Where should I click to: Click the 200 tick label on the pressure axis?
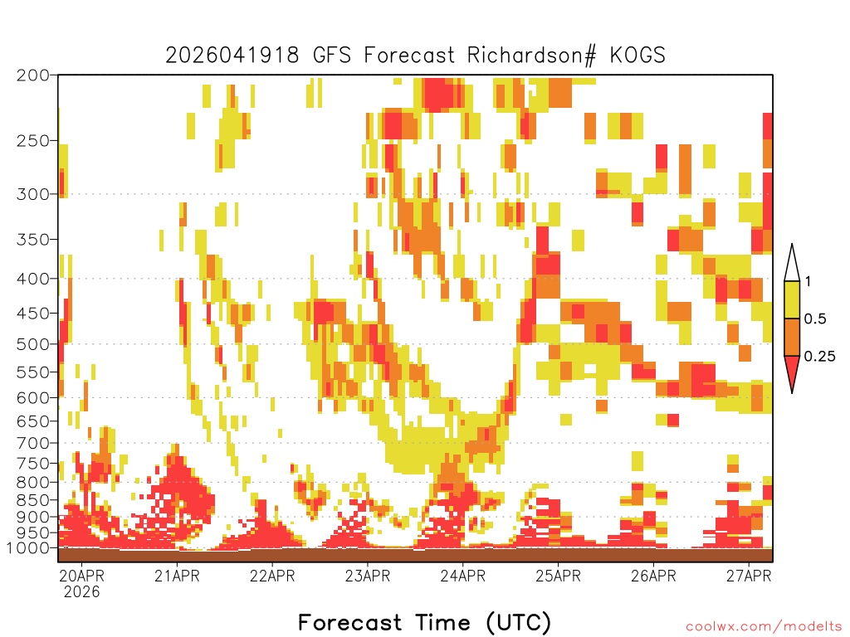click(x=32, y=75)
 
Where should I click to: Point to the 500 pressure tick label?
click(x=32, y=344)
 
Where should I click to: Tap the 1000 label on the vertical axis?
click(x=27, y=547)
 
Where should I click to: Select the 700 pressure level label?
click(x=32, y=443)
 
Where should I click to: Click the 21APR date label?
click(x=177, y=576)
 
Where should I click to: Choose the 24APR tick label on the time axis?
click(x=463, y=576)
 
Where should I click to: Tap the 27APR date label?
click(x=749, y=576)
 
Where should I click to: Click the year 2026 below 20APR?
click(x=81, y=591)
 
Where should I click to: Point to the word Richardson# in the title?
click(x=531, y=56)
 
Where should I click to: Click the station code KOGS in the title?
click(x=637, y=56)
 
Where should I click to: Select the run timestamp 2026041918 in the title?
click(x=232, y=56)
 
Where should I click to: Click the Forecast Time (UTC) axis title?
click(x=424, y=622)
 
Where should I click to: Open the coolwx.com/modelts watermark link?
click(x=764, y=627)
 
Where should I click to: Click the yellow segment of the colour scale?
click(x=792, y=299)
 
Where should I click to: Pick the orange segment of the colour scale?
click(x=792, y=337)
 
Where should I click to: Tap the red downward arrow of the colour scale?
click(x=792, y=372)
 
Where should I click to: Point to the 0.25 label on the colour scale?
click(x=819, y=357)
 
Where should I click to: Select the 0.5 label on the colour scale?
click(x=815, y=319)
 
